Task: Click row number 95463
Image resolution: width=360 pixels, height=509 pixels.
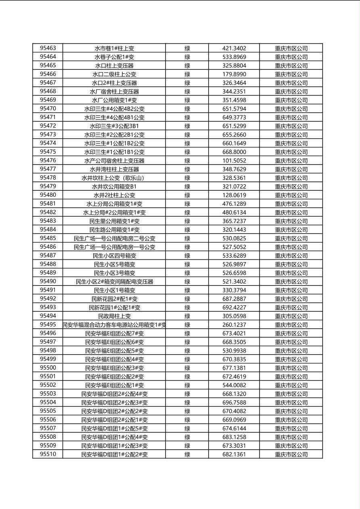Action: point(48,48)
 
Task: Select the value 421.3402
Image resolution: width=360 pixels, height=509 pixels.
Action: point(234,48)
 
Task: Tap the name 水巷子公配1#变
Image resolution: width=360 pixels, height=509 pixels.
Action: point(114,57)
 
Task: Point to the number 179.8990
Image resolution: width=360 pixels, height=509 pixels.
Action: point(234,74)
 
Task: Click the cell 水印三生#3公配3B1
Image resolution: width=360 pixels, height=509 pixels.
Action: point(114,126)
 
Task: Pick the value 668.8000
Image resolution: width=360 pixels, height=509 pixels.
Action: point(234,152)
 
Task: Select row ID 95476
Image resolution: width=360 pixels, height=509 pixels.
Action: point(48,160)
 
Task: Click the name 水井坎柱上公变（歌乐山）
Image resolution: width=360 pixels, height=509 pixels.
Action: point(114,178)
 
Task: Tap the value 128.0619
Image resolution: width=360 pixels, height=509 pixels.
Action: point(234,195)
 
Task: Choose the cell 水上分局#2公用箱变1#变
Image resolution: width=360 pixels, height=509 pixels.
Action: point(114,213)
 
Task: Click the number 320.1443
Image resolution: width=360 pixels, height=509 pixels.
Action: point(234,230)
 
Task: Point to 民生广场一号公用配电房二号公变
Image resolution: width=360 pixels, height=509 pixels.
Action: point(114,238)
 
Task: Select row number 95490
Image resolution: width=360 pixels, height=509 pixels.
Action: point(48,281)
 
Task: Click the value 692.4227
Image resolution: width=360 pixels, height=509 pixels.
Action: point(234,308)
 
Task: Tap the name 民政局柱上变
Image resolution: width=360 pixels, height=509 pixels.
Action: point(114,316)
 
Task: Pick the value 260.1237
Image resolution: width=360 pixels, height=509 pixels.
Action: point(234,325)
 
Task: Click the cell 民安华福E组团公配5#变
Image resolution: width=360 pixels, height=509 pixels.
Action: point(114,351)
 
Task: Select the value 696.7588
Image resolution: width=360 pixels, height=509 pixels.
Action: point(234,403)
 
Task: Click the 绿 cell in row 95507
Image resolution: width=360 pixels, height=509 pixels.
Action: point(187,428)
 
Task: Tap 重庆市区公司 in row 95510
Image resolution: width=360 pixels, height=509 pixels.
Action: point(291,455)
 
